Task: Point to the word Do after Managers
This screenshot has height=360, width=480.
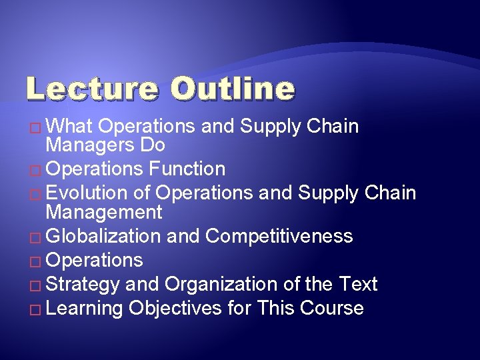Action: pos(153,145)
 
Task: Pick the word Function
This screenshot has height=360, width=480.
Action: pos(187,169)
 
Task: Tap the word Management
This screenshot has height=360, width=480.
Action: pos(103,212)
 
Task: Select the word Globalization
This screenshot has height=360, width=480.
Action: pos(103,236)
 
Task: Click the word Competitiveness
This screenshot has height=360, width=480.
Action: pos(279,236)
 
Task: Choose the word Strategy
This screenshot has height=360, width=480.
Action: pos(83,284)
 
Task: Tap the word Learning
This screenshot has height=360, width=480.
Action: pos(85,308)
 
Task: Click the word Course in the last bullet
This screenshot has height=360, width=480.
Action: pos(331,308)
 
